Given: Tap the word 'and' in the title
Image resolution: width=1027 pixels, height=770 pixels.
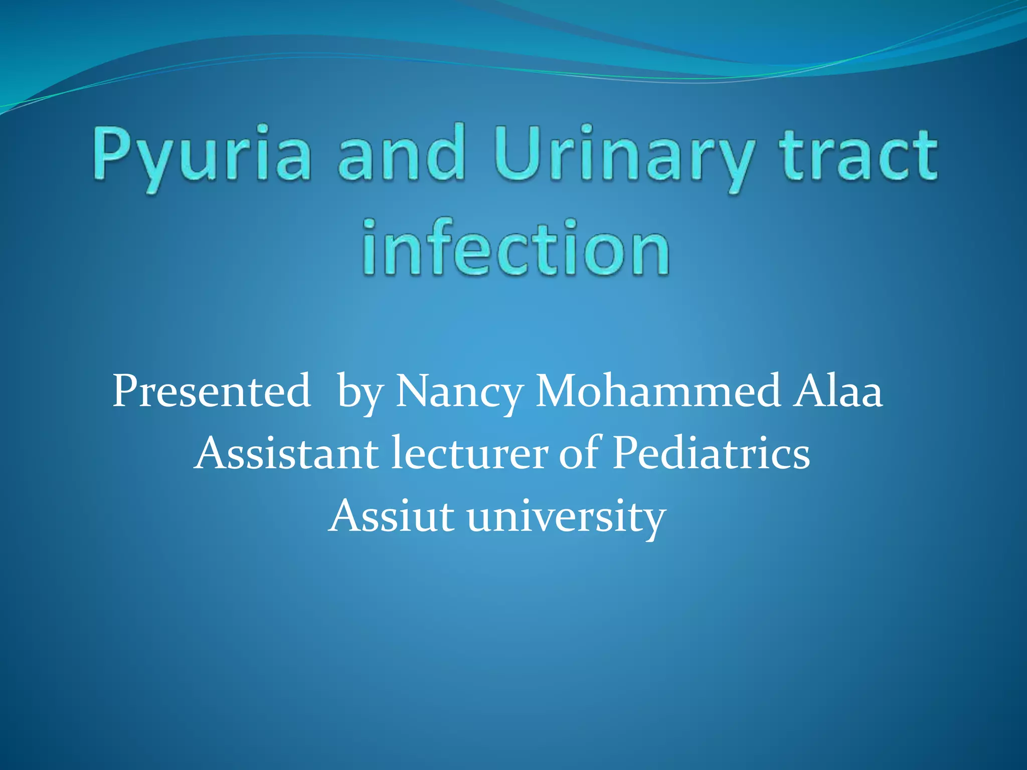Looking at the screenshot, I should [401, 153].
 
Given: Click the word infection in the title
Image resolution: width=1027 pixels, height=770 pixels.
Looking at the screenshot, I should [516, 248].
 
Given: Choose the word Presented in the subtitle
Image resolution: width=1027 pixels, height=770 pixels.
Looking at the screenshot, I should [211, 391].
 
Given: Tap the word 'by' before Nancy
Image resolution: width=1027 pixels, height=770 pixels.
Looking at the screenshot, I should [360, 394].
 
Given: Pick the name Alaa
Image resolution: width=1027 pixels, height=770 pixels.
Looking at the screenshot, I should [837, 391].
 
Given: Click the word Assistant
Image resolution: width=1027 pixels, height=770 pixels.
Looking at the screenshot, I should [286, 453].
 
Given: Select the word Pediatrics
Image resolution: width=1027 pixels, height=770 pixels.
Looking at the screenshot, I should [711, 453].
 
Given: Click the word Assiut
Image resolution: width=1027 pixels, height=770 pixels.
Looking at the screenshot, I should [391, 516].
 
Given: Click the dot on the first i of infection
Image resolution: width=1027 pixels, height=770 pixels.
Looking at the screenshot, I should [370, 224].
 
